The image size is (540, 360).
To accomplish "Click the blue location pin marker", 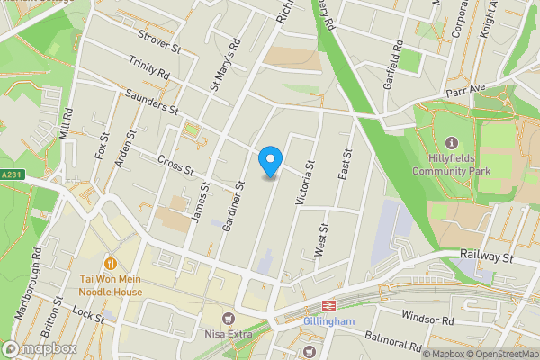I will (x=270, y=160).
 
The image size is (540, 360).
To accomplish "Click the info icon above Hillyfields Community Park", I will (x=451, y=143).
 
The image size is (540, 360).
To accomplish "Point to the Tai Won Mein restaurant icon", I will (x=110, y=264).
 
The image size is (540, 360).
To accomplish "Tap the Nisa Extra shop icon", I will (x=229, y=317).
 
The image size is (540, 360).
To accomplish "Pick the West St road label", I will (x=319, y=242).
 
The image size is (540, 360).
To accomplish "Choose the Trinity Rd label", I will (x=148, y=69).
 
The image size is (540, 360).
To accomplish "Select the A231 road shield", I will (x=12, y=175).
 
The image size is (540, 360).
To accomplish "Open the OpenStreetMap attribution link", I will (x=502, y=353).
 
